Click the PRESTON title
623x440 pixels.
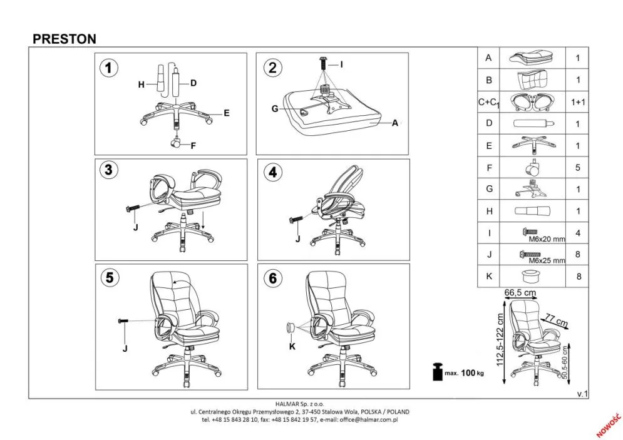coord(64,39)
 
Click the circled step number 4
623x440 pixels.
coord(273,173)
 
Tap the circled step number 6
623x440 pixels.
coord(273,278)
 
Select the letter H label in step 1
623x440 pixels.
coord(141,84)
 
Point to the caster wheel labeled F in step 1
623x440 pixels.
coord(175,142)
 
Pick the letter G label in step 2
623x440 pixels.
coord(275,108)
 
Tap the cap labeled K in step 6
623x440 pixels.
coord(291,329)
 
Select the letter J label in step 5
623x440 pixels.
coord(125,349)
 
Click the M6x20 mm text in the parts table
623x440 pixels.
coord(547,240)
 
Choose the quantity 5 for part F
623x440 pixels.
coord(578,168)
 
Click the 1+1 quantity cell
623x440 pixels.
coord(578,102)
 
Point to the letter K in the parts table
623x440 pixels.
coord(489,276)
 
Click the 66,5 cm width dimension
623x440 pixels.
coord(520,293)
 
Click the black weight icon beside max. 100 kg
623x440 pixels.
coord(438,371)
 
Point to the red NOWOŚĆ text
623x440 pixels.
coord(608,425)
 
